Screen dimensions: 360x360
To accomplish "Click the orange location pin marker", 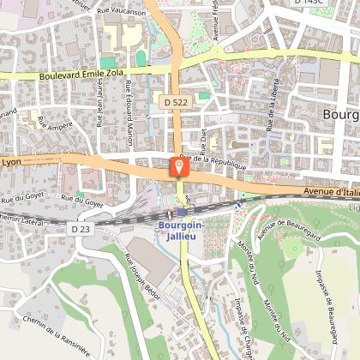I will [x=178, y=165].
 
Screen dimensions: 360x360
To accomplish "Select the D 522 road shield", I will [x=174, y=102].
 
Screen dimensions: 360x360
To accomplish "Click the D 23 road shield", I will [x=81, y=229].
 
